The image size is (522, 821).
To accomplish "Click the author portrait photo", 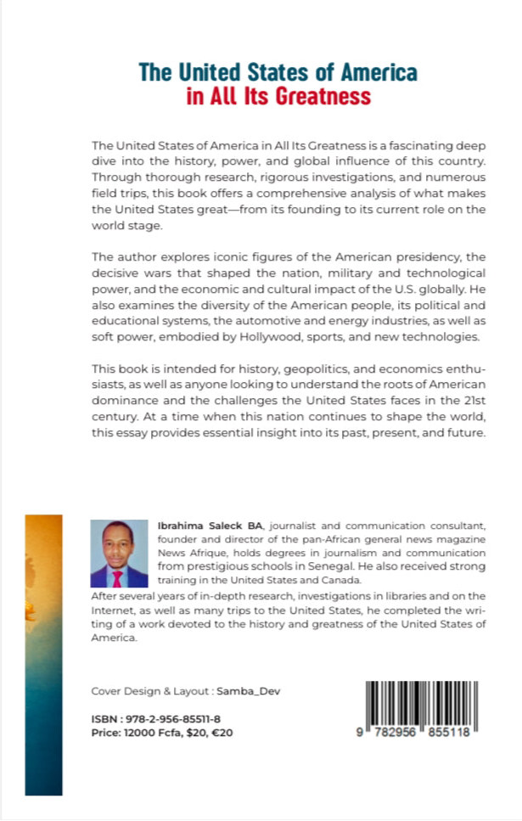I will [119, 554].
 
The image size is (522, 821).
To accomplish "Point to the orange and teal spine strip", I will [43, 654].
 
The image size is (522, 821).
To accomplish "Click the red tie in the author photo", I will [118, 578].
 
